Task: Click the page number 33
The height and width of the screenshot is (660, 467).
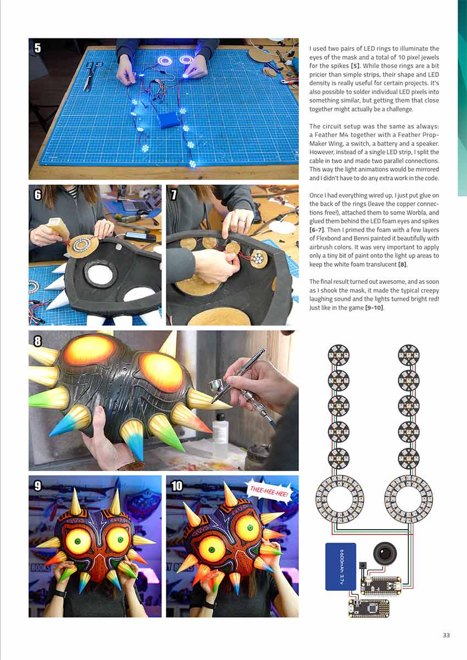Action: [x=446, y=635]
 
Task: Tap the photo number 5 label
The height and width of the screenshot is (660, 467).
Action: [x=37, y=48]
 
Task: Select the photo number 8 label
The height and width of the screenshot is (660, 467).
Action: [x=37, y=340]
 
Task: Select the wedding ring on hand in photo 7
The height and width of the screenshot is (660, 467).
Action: [x=242, y=221]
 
